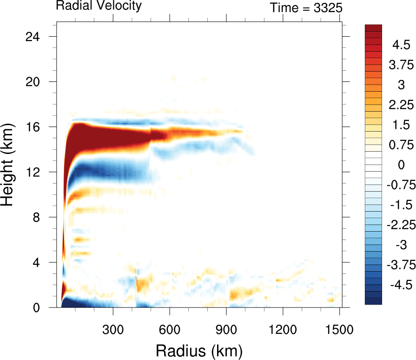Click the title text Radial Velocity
pos(99,6)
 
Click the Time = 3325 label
pos(306,7)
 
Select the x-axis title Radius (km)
pos(199,350)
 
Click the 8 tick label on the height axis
pos(41,217)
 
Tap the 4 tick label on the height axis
pos(41,262)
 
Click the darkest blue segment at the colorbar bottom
pos(374,301)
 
